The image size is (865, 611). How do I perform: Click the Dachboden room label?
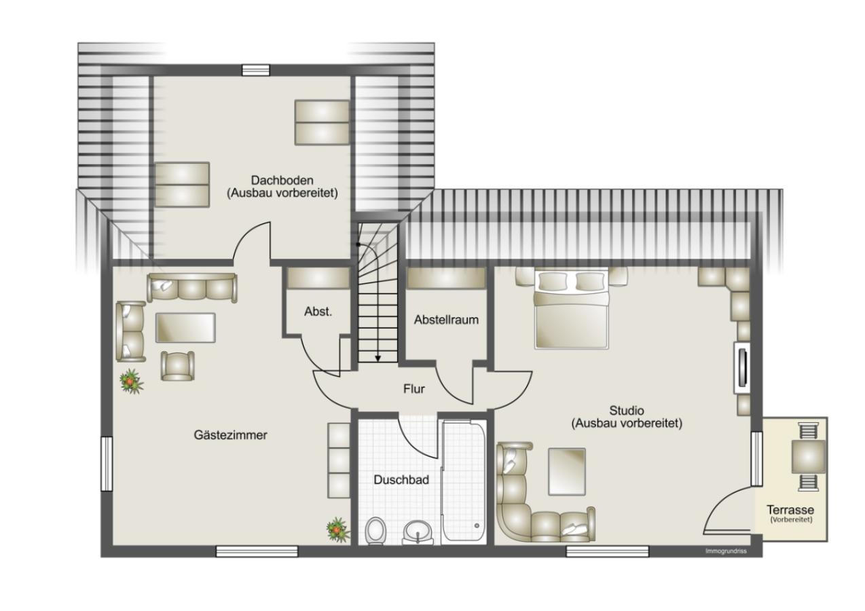click(282, 180)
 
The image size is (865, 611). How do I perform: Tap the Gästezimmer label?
click(231, 435)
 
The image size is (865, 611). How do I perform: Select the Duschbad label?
click(401, 480)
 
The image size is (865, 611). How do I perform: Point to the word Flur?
click(414, 388)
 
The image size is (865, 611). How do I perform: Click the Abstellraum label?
click(446, 319)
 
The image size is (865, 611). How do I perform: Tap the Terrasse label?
click(790, 510)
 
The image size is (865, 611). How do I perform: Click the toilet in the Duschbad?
click(375, 530)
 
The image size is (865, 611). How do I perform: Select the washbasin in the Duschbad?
click(417, 533)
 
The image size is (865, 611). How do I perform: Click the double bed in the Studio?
click(571, 308)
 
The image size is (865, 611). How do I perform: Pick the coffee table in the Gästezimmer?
click(185, 327)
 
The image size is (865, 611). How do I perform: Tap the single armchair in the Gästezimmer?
click(178, 366)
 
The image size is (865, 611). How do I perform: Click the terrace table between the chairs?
click(809, 457)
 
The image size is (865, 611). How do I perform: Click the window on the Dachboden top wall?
click(256, 70)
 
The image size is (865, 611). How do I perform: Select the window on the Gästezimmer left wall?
click(107, 464)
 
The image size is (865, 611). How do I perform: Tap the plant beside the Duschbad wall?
click(337, 530)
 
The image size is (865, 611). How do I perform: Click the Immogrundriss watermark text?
click(726, 551)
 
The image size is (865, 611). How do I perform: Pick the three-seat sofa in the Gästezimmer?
click(192, 287)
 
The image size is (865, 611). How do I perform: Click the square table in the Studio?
click(566, 471)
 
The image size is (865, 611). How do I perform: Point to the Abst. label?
click(318, 312)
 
